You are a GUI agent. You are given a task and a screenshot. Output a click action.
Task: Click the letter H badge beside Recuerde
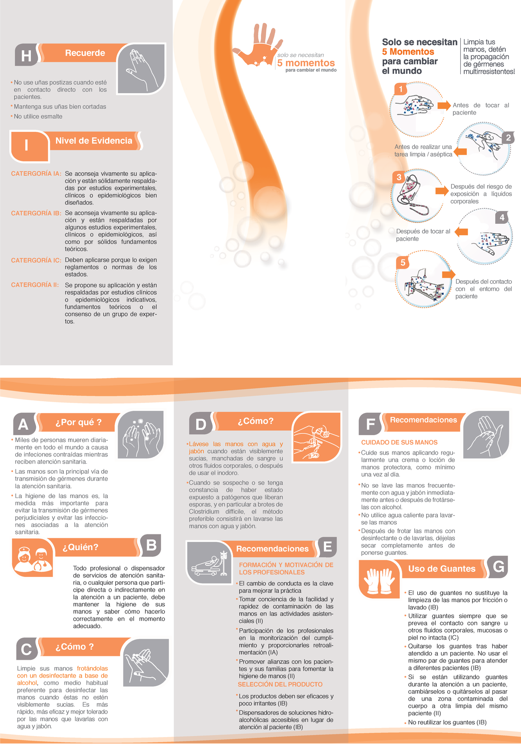coord(26,55)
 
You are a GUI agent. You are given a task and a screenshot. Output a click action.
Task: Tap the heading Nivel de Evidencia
coord(94,141)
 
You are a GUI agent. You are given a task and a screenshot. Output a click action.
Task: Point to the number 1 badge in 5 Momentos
coord(401,89)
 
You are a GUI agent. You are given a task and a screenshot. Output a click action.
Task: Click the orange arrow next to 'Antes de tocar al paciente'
coord(444,105)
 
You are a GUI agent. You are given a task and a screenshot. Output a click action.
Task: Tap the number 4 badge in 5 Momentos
coord(502,217)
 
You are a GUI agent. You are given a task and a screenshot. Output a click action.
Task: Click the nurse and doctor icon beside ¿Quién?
coord(33,557)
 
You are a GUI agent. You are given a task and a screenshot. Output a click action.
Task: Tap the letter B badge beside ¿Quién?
coord(151,545)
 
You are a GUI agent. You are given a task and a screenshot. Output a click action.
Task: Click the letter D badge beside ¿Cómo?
coord(201,423)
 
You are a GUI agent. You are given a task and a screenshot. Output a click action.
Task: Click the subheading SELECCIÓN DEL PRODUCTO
coord(280,684)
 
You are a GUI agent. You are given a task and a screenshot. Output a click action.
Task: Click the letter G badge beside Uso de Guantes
coord(498,567)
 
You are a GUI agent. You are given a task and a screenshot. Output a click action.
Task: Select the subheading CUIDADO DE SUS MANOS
coord(399,442)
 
